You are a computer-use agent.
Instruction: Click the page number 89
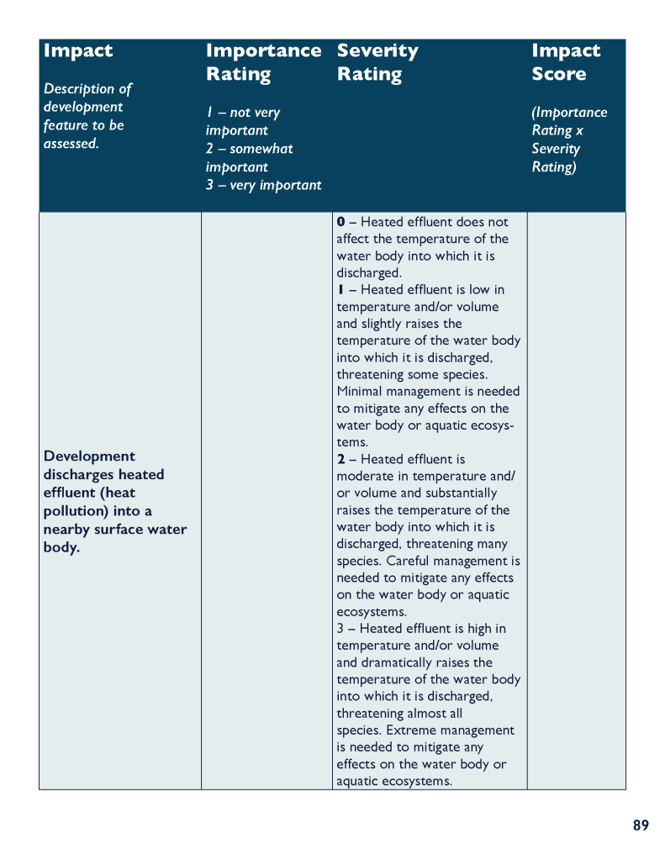pos(641,826)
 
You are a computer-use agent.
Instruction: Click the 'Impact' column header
pos(78,50)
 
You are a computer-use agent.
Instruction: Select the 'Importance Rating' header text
pos(263,62)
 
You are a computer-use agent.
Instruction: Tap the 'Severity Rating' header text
pos(377,62)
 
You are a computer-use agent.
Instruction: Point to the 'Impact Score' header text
pos(566,62)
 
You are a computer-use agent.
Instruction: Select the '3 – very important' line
pos(263,185)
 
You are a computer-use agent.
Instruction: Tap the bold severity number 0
pos(340,222)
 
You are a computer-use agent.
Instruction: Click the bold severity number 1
pos(340,290)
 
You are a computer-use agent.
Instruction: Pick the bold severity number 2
pos(340,460)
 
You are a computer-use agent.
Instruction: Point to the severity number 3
pos(340,629)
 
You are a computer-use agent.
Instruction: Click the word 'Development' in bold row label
pos(89,456)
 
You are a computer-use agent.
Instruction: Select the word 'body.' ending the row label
pos(61,548)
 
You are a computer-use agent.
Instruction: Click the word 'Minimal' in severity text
pos(361,392)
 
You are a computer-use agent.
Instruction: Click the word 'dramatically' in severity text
pos(393,662)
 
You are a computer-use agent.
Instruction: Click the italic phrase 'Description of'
pos(88,88)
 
